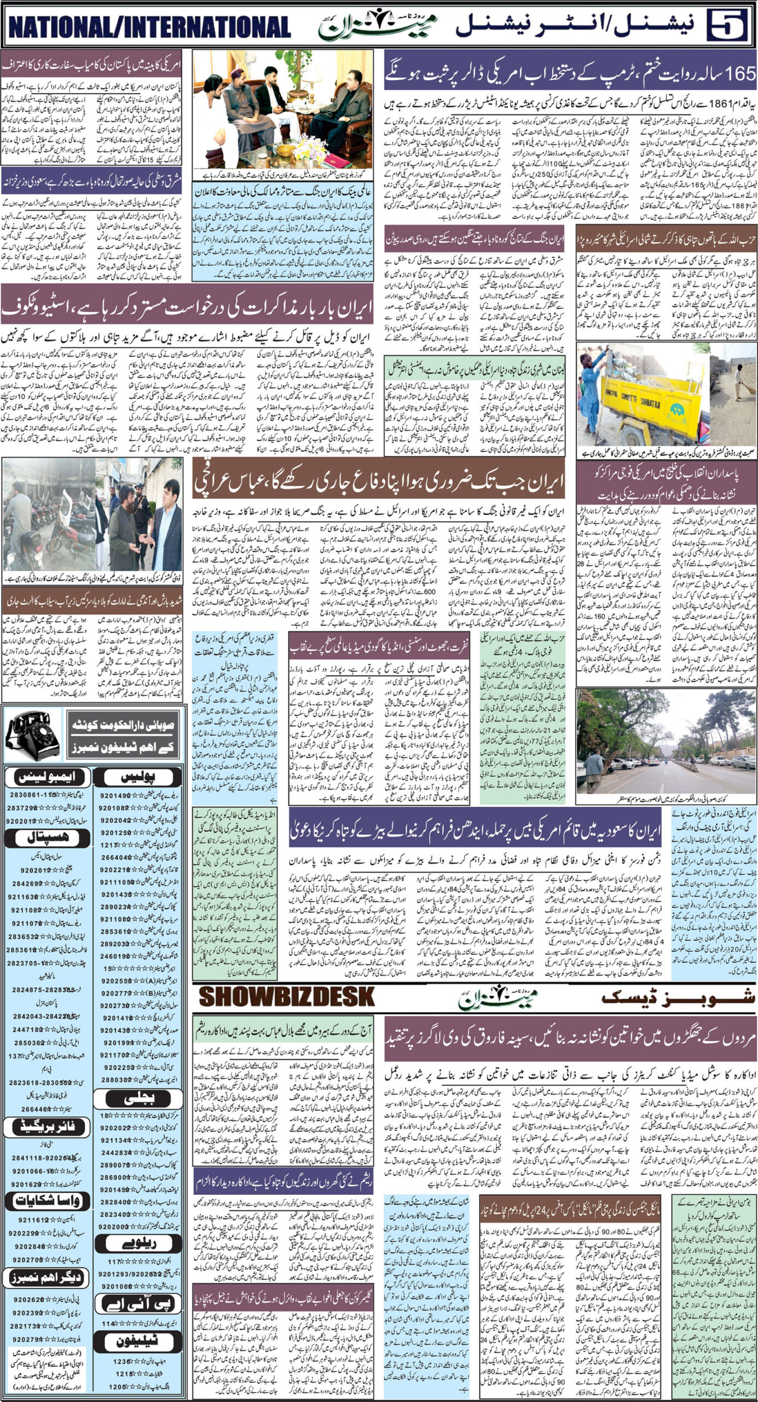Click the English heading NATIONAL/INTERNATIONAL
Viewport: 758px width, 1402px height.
[149, 26]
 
